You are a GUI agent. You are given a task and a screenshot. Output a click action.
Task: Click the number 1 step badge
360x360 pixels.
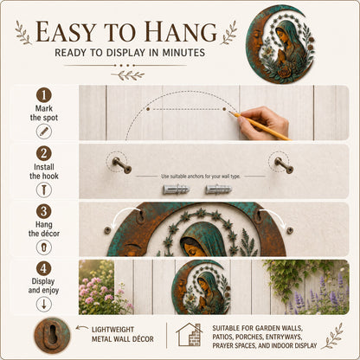click(44, 95)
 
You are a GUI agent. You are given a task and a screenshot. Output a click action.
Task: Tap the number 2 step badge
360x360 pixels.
click(44, 153)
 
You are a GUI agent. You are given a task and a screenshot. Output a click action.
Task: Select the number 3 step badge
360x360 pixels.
click(44, 211)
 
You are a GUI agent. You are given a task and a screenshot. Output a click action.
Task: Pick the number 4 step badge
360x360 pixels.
click(44, 268)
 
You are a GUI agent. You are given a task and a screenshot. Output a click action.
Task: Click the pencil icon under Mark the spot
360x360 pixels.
click(44, 132)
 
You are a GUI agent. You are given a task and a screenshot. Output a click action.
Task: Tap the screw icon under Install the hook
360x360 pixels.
click(44, 190)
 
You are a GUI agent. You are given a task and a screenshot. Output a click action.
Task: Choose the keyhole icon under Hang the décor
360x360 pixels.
click(44, 247)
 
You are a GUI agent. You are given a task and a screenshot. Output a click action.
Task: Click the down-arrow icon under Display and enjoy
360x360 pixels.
click(44, 305)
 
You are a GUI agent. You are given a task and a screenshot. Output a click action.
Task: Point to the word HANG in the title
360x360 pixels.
click(181, 32)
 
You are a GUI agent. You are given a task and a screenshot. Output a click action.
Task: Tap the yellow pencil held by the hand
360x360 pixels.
click(260, 125)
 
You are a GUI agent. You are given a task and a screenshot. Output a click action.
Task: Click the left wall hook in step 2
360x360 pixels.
click(122, 165)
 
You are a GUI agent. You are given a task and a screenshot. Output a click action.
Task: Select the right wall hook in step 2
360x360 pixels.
click(284, 165)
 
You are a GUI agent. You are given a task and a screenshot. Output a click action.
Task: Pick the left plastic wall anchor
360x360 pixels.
click(176, 190)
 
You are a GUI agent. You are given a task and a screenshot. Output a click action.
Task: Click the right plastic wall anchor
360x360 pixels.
click(218, 190)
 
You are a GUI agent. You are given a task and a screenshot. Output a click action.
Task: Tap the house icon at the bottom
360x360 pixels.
click(190, 335)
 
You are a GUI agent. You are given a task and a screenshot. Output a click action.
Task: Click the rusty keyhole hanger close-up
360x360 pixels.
click(52, 335)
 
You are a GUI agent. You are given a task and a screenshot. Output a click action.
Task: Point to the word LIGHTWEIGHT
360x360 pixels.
click(112, 330)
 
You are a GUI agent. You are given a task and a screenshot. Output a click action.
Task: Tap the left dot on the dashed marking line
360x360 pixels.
click(148, 109)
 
